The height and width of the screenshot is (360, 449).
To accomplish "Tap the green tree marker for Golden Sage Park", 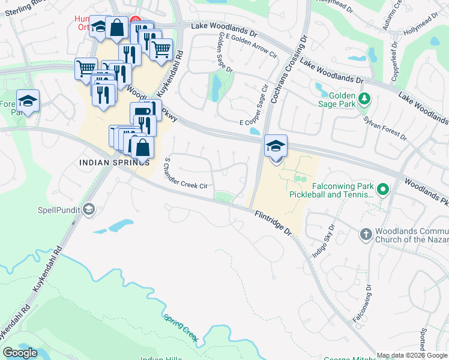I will (x=363, y=98).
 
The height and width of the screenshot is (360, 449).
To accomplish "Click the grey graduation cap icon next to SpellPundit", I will (x=89, y=209).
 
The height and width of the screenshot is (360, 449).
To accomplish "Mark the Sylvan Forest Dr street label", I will (x=385, y=128).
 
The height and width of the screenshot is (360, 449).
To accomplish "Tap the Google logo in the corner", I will (x=20, y=353).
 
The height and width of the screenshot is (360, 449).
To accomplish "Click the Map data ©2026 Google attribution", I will (x=412, y=355).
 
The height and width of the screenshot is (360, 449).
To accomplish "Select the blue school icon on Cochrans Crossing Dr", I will (x=276, y=146).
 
